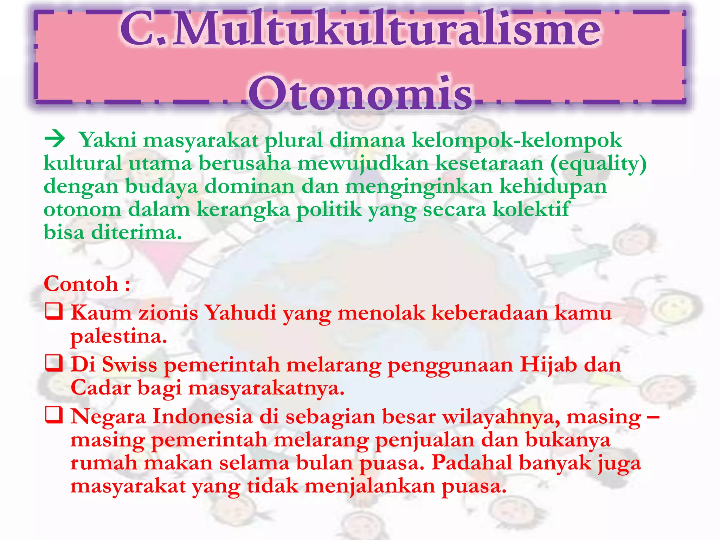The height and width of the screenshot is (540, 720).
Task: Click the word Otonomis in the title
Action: pyautogui.click(x=360, y=93)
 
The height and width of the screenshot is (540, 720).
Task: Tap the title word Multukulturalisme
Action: pyautogui.click(x=387, y=30)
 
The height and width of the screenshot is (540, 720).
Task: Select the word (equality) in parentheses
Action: pyautogui.click(x=598, y=164)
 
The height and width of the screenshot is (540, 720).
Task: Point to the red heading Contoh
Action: pyautogui.click(x=81, y=284)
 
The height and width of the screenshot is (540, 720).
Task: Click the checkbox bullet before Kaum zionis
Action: pyautogui.click(x=54, y=312)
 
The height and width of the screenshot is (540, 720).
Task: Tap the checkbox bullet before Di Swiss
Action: pyautogui.click(x=54, y=364)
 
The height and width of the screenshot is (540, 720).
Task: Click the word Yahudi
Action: pyautogui.click(x=240, y=313)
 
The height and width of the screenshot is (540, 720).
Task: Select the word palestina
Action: pyautogui.click(x=118, y=336)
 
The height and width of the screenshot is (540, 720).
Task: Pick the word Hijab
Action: pyautogui.click(x=548, y=365)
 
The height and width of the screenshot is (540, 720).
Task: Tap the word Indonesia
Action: pyautogui.click(x=202, y=417)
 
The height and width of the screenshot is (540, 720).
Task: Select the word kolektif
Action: pyautogui.click(x=531, y=210)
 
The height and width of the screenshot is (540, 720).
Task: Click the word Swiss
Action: pyautogui.click(x=130, y=365)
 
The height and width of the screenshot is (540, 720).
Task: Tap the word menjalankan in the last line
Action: pyautogui.click(x=369, y=487)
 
